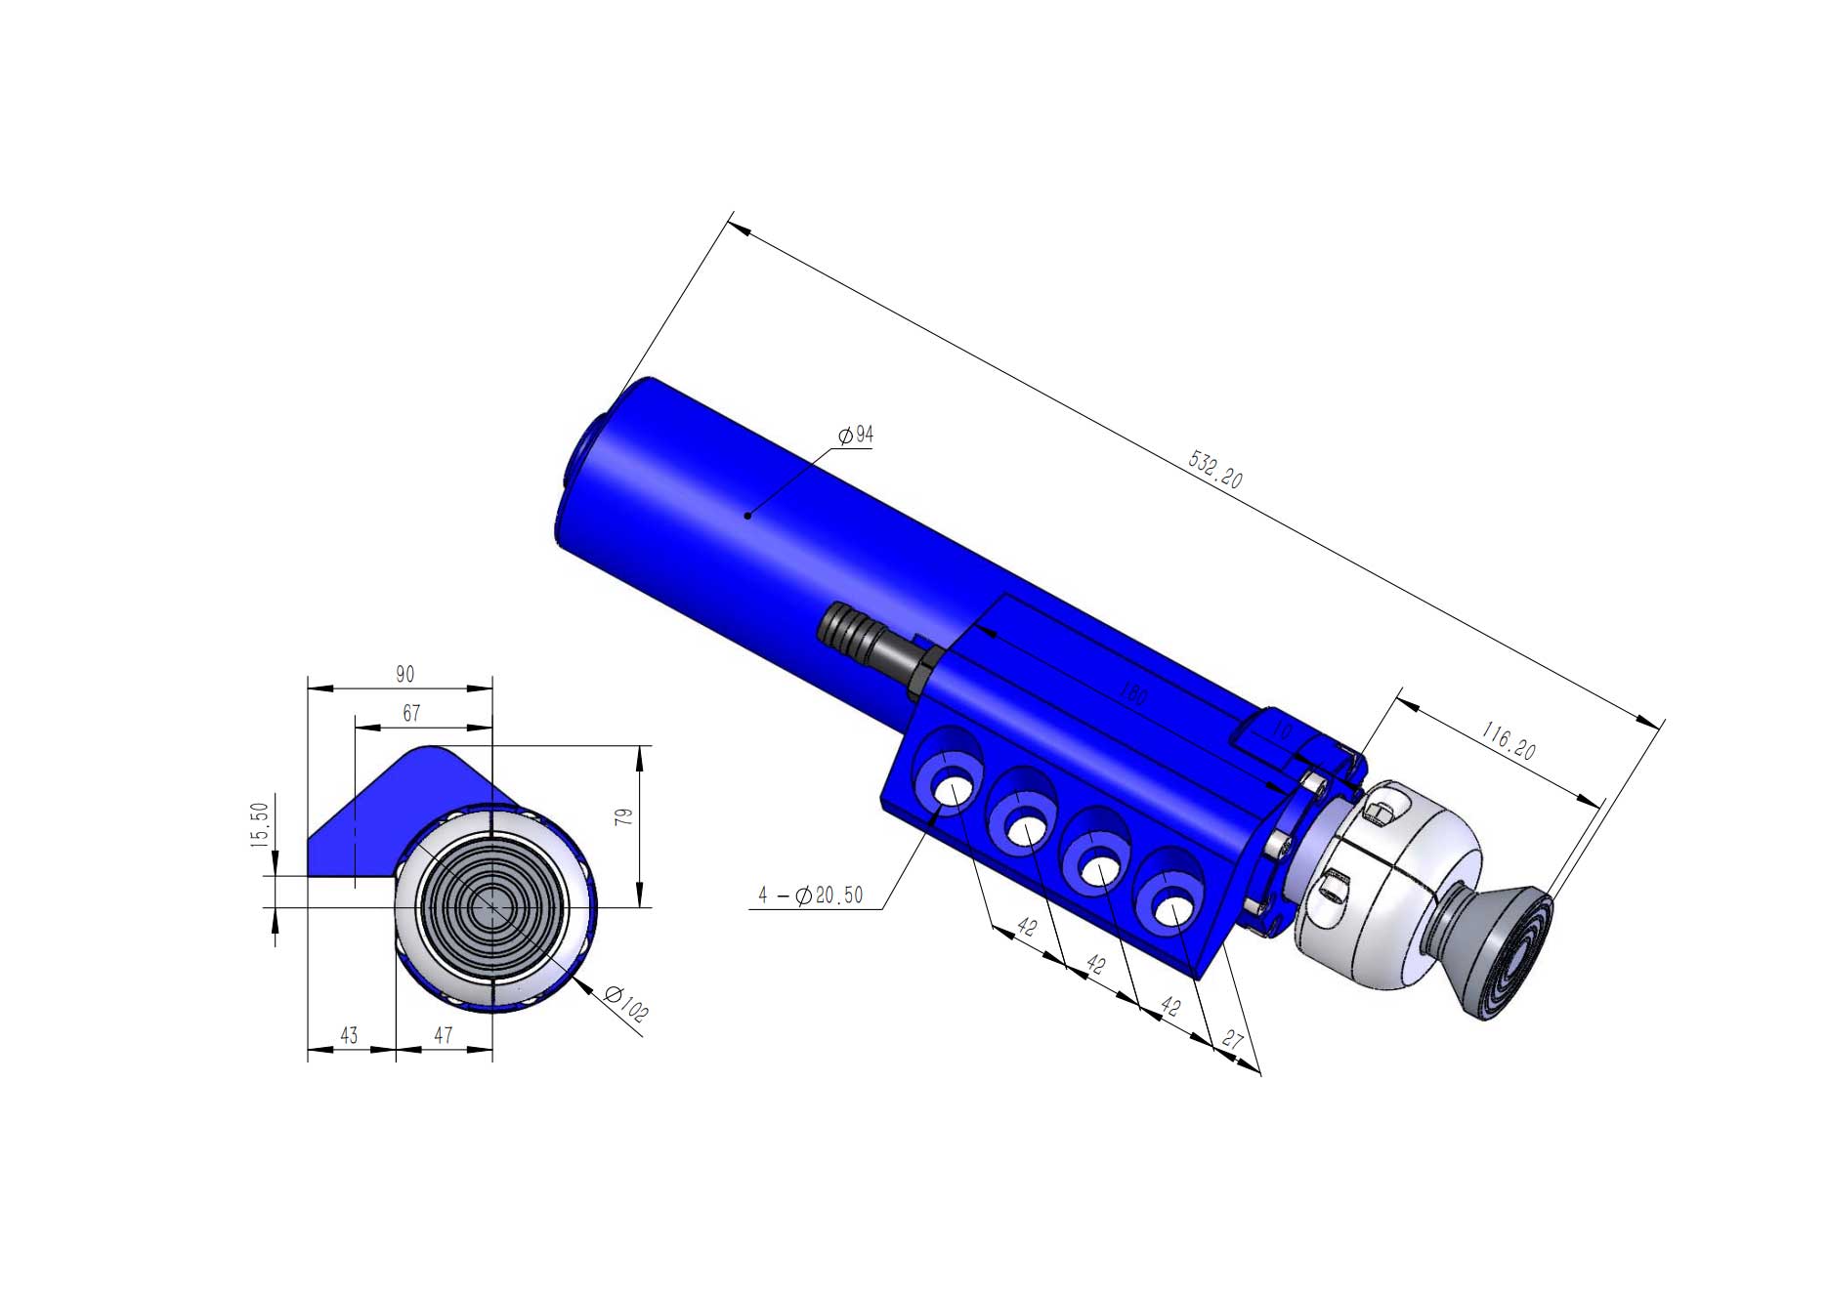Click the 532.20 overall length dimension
(1215, 469)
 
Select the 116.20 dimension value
(1509, 742)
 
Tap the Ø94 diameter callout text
(857, 435)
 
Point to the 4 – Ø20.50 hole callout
(811, 896)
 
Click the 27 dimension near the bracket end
(1232, 1040)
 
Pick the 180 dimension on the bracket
(1133, 695)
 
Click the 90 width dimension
(404, 674)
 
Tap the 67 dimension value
(411, 714)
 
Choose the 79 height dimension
(625, 816)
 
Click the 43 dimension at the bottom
(349, 1035)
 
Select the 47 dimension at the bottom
(444, 1035)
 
